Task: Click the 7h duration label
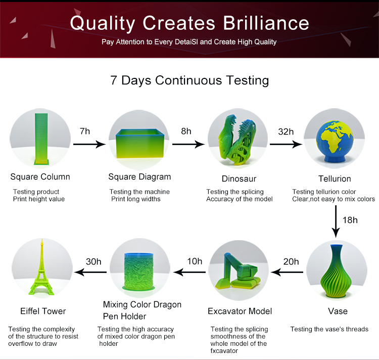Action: tap(85, 131)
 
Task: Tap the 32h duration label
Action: tap(286, 132)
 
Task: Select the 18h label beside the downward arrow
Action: tap(350, 220)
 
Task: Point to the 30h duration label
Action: tap(93, 261)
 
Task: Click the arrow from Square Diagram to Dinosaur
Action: tap(188, 144)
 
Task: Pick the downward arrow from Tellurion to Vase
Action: tap(336, 221)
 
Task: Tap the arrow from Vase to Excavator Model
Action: tap(287, 272)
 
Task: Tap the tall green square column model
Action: tap(41, 139)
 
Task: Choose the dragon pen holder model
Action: tap(138, 272)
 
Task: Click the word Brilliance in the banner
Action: tap(266, 23)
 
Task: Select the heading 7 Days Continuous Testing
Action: tap(189, 80)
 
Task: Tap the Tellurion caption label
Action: tap(335, 178)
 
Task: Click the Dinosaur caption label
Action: tap(239, 178)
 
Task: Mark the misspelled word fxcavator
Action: tap(224, 351)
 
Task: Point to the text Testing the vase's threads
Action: tap(329, 329)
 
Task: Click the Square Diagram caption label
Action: tap(139, 177)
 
